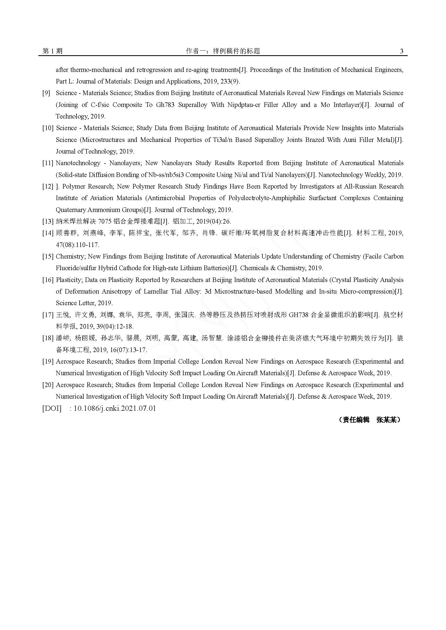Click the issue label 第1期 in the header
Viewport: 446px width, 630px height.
[x=53, y=51]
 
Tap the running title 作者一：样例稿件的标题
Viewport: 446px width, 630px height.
[x=223, y=51]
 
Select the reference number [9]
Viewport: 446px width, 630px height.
[x=46, y=93]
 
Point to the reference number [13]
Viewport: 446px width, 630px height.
[x=47, y=221]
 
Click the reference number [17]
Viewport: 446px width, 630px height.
[x=47, y=315]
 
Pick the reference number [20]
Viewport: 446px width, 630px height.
[x=47, y=385]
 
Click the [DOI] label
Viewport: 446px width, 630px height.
[x=52, y=408]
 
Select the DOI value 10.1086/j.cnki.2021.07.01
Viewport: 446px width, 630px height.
[x=115, y=408]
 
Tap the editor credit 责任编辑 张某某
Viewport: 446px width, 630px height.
[x=369, y=420]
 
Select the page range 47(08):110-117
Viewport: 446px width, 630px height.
[x=77, y=245]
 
